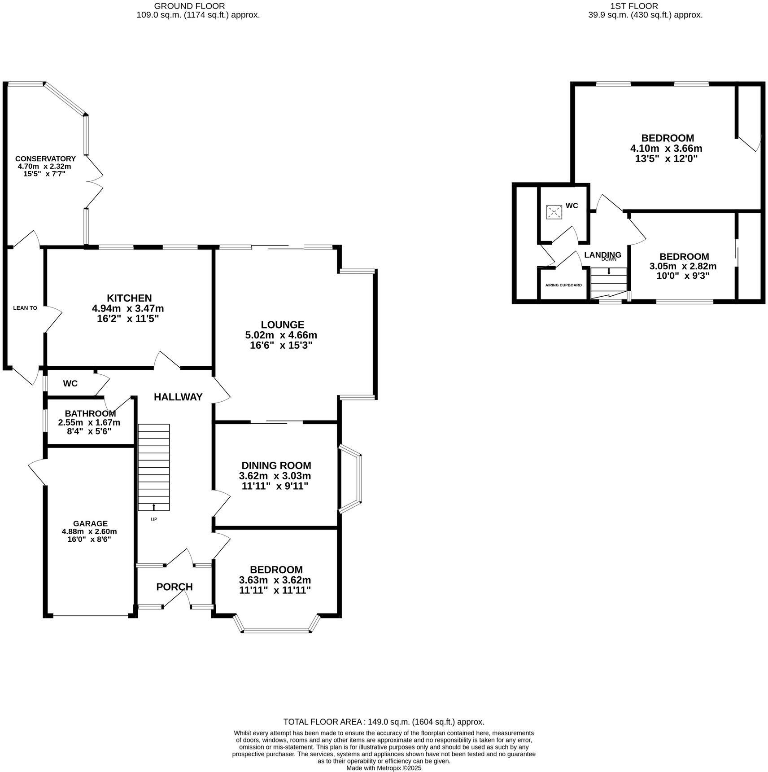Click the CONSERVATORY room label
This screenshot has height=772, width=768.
[x=45, y=158]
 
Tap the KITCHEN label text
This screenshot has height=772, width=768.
[x=129, y=298]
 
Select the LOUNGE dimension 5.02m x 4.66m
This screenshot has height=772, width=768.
[x=281, y=335]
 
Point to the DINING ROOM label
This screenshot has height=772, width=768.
[x=276, y=465]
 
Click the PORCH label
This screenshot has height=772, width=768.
[x=175, y=587]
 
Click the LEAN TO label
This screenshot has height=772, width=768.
[x=25, y=308]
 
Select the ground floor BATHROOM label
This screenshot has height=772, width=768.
[x=90, y=413]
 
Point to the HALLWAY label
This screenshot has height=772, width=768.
[x=178, y=397]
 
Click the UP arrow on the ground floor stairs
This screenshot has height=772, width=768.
[x=154, y=507]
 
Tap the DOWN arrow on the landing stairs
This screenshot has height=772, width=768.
[x=609, y=271]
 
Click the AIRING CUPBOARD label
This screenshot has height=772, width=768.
[x=563, y=285]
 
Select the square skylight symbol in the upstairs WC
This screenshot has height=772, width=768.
[x=554, y=212]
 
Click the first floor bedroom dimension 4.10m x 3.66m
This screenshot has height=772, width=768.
[x=666, y=149]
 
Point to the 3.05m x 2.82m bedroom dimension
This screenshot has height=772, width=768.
[x=683, y=266]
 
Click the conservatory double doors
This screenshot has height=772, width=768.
[x=95, y=182]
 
